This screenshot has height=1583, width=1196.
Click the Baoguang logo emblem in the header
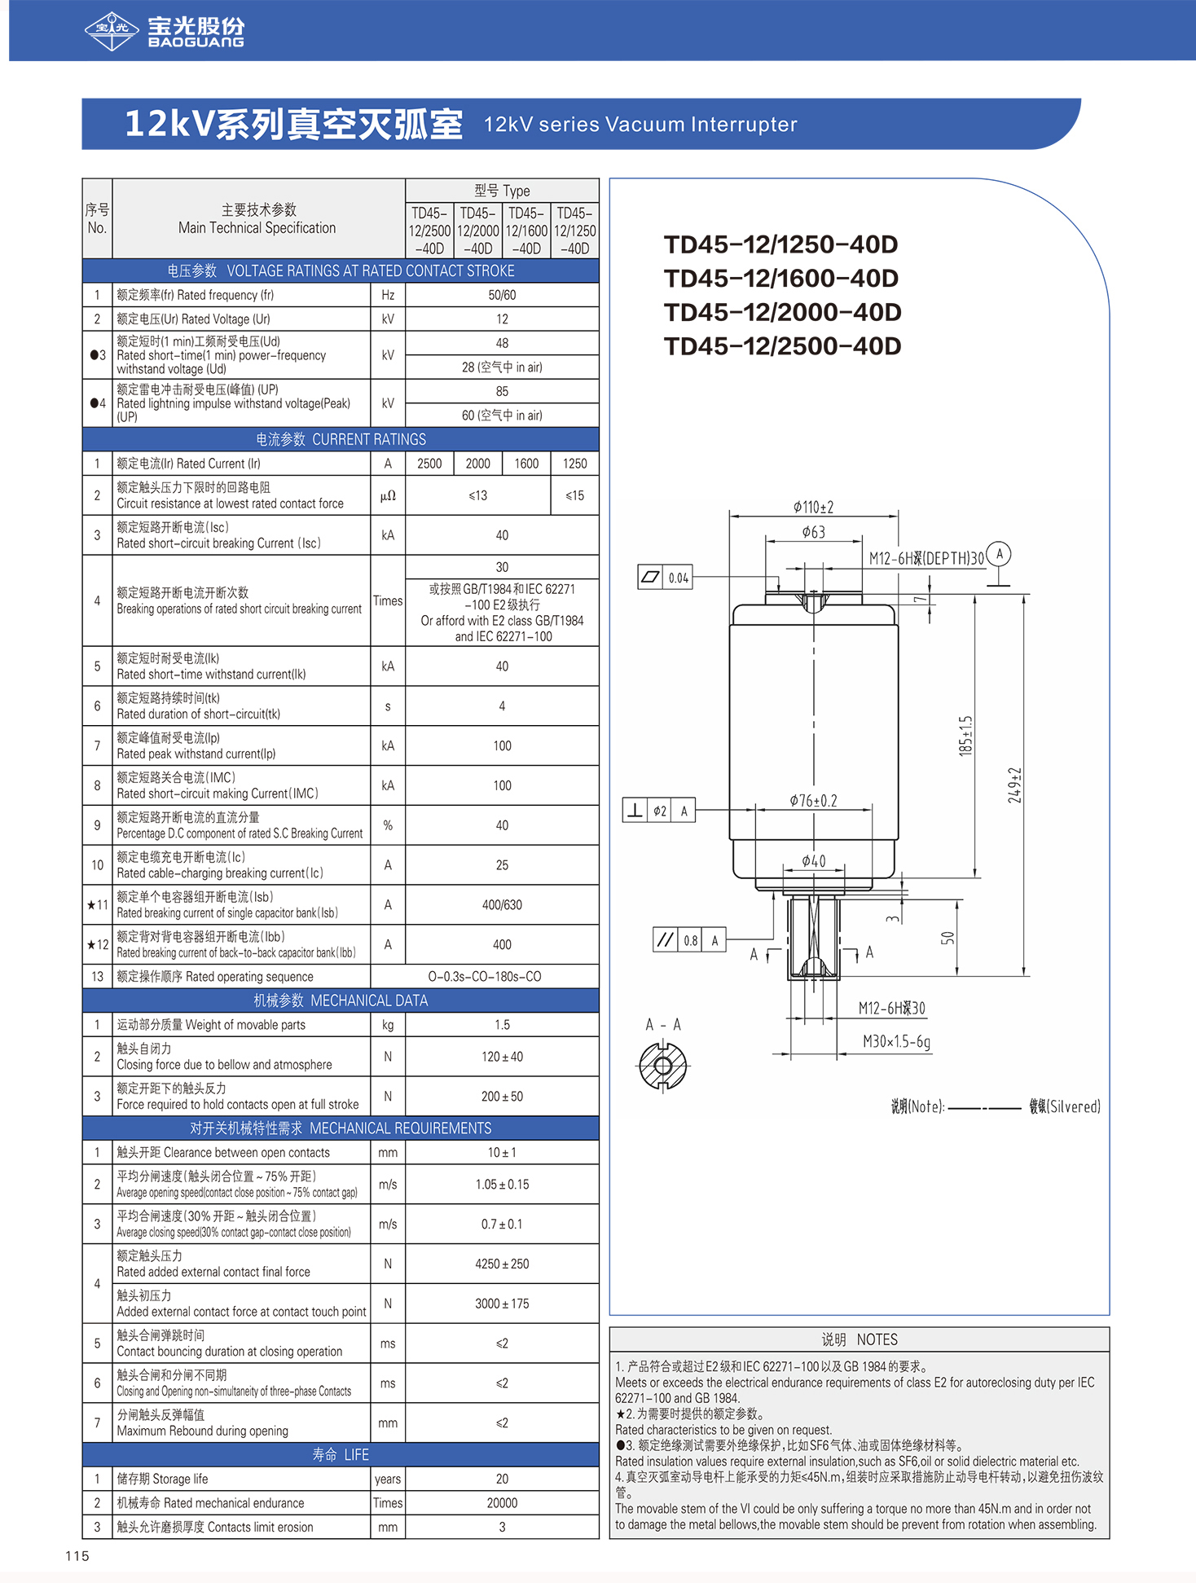point(112,31)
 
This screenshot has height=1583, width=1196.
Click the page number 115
point(77,1555)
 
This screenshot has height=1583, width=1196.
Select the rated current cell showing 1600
point(526,464)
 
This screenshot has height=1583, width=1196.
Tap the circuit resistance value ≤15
point(574,495)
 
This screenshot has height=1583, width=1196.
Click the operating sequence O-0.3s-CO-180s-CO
point(485,976)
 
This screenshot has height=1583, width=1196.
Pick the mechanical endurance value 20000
point(502,1502)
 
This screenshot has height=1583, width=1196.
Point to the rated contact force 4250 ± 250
point(502,1264)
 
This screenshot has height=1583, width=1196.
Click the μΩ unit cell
point(388,495)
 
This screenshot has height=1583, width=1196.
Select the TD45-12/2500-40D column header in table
point(429,231)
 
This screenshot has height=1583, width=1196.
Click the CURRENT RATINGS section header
point(341,439)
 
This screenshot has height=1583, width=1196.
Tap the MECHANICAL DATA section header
point(341,1000)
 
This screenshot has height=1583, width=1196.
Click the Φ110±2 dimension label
point(813,508)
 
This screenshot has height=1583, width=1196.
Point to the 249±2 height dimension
point(1014,785)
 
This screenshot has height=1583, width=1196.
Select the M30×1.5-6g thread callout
point(896,1041)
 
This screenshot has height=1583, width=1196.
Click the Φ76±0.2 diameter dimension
point(813,801)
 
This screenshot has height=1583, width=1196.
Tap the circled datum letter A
point(999,555)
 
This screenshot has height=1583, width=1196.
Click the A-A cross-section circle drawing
point(662,1066)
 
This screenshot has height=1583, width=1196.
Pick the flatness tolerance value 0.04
point(678,578)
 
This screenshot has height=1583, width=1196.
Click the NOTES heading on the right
point(859,1339)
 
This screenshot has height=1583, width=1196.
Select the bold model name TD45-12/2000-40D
point(782,312)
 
